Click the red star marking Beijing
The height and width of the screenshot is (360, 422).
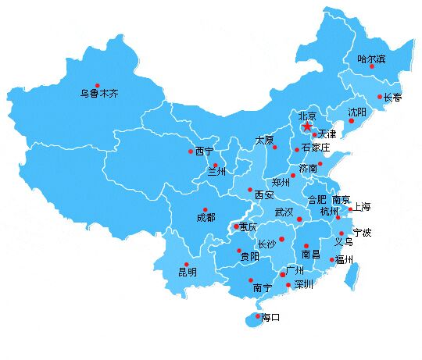[x=307, y=126]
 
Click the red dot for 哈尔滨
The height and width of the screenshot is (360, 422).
[x=372, y=66]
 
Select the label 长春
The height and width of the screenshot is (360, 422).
[x=392, y=98]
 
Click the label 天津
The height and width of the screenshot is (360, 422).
[x=327, y=135]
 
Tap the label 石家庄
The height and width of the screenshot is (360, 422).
[x=316, y=147]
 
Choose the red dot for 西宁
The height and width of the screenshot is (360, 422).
[x=190, y=151]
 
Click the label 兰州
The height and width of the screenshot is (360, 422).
[x=216, y=172]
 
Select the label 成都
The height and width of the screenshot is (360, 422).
[x=206, y=219]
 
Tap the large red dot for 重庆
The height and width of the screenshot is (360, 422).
[x=237, y=227]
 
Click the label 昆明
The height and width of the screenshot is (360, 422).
[x=188, y=273]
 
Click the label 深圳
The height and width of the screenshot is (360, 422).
[x=303, y=285]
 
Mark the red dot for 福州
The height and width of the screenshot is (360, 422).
[x=331, y=260]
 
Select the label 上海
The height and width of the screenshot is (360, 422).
[x=362, y=207]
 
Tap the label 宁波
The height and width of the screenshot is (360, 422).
[x=362, y=233]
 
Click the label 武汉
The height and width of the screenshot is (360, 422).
[x=284, y=212]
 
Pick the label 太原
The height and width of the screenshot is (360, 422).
[x=264, y=140]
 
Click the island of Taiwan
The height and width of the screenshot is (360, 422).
[x=353, y=273]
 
